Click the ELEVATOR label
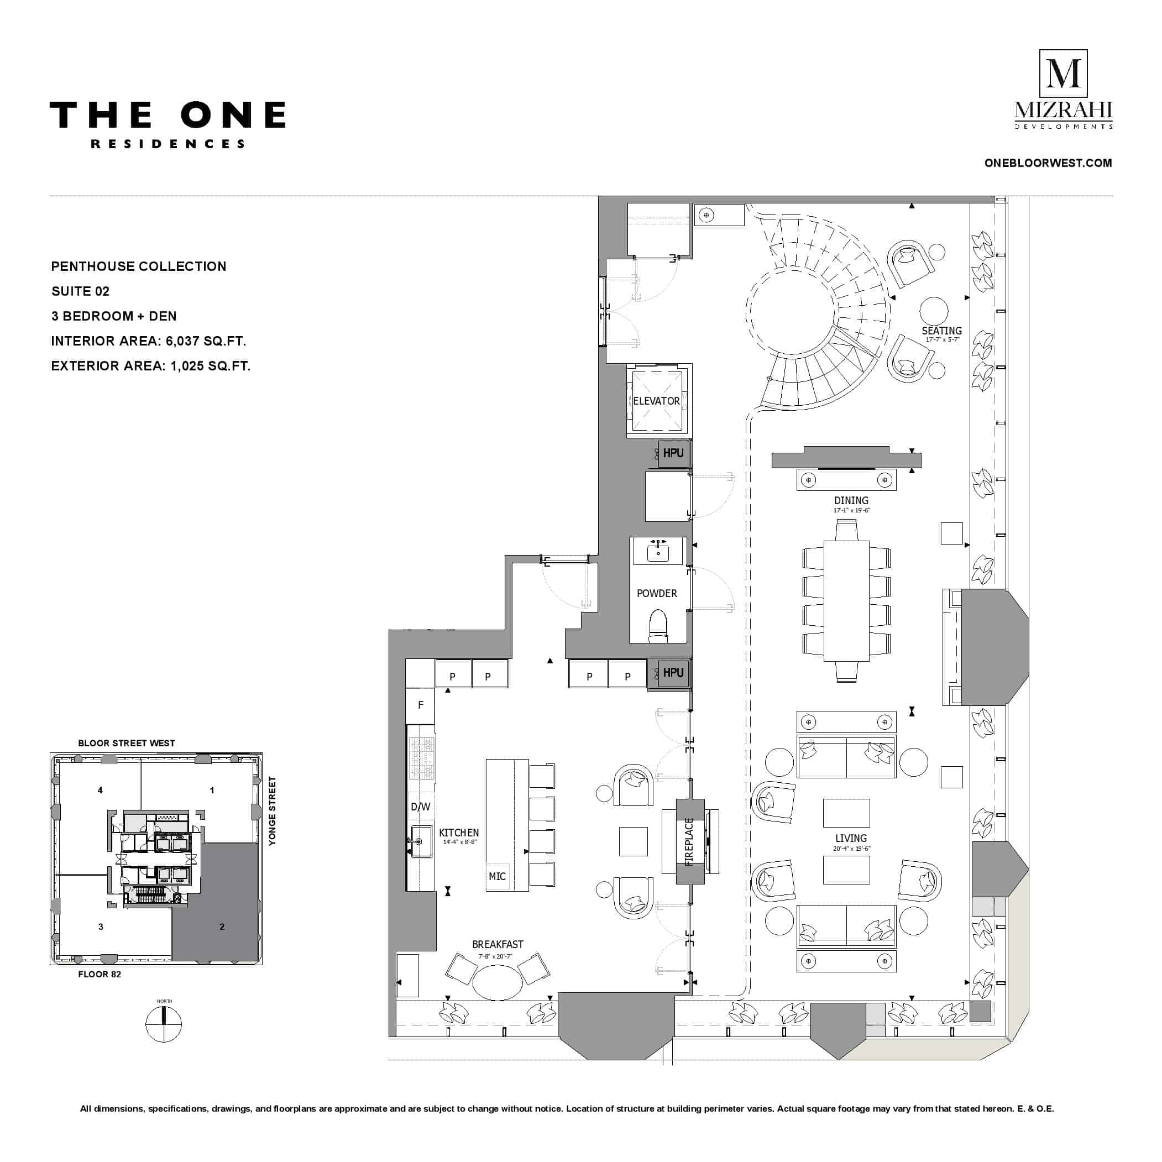656,401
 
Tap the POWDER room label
657,594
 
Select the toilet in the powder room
658,626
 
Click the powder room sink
658,552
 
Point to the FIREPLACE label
689,841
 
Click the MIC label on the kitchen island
497,876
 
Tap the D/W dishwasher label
421,807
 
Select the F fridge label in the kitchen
421,705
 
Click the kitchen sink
422,841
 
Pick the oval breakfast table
498,982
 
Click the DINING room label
851,500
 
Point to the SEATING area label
942,331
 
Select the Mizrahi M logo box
1064,74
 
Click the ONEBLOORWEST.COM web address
1048,163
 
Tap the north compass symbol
164,1024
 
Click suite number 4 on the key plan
101,791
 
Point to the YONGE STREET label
273,811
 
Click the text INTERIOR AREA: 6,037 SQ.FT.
149,341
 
